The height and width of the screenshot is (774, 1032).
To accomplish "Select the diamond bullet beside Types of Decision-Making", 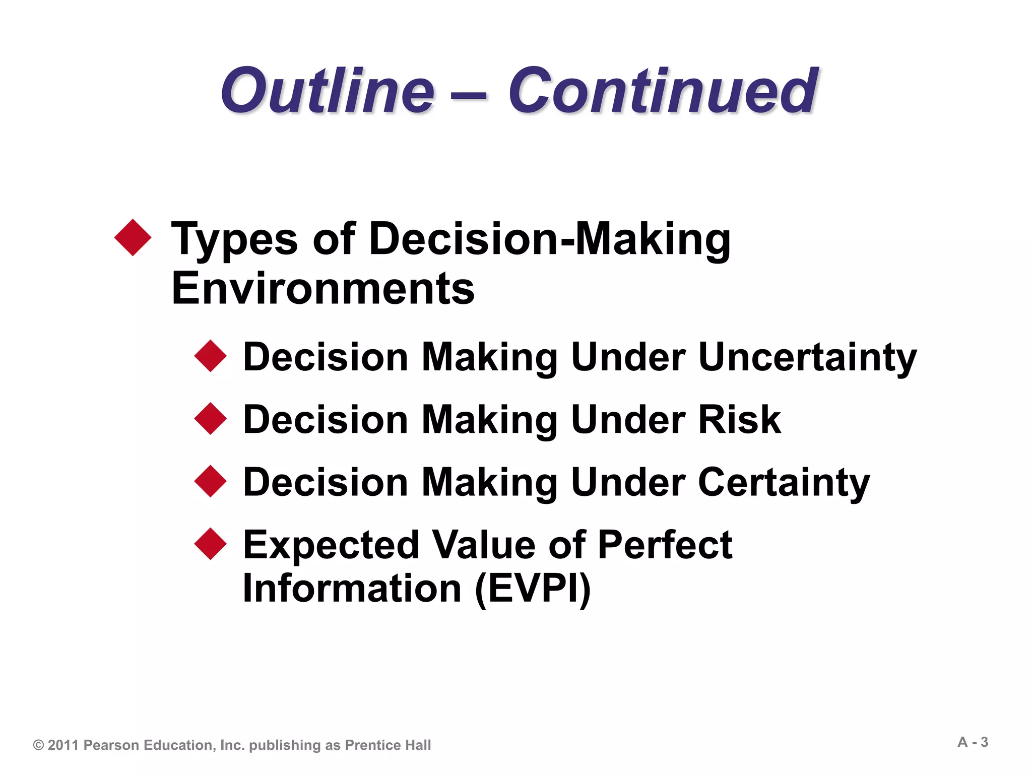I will pos(133,237).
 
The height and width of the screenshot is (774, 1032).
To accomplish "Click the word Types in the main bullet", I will pos(234,239).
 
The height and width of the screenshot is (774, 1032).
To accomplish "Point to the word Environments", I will pos(323,289).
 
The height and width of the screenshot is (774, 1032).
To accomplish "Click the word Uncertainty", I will pos(807,357).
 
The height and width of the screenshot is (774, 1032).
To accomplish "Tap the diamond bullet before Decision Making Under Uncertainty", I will pos(211,356).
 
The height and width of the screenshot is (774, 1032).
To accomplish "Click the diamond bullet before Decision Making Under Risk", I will pos(211,419).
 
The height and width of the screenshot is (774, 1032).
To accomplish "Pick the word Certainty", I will pos(784,482).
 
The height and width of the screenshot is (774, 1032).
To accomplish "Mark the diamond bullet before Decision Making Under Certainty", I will pos(211,482).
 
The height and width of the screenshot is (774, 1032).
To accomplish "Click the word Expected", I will pos(331,545).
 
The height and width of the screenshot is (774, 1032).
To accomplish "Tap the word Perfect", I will pos(665,545).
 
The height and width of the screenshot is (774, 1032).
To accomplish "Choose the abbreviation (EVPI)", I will pos(533,589).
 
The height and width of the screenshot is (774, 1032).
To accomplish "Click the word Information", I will pos(352,589).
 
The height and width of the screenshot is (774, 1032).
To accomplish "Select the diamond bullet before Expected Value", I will pos(211,544).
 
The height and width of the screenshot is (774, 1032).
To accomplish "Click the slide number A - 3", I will pos(973,742).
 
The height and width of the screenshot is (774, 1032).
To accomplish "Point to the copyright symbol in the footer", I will pos(39,745).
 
